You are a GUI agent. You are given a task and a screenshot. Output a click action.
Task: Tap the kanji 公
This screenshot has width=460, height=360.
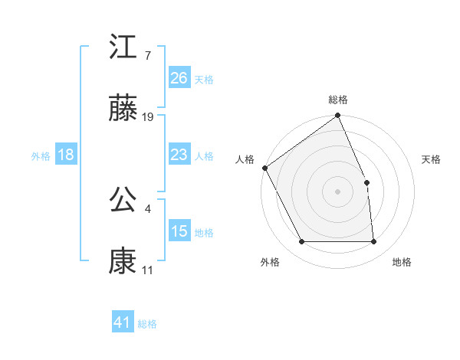coord(123,199)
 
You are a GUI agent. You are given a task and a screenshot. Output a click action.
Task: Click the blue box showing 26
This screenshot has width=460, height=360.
coord(179,78)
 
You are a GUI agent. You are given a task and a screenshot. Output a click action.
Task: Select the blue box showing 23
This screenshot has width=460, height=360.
coord(179,155)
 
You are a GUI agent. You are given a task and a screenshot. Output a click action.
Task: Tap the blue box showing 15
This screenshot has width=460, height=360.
coord(179,232)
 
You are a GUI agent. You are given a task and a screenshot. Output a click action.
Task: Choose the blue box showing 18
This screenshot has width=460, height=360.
coord(66,155)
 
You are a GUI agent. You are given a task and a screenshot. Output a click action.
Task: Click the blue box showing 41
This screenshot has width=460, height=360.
coord(123,323)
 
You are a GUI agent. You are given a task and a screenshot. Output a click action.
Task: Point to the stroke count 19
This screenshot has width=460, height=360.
coord(149,117)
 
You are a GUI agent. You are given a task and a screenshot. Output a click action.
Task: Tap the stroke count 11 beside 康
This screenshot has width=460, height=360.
coord(147,270)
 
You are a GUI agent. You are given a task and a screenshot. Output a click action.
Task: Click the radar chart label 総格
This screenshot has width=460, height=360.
coord(338,100)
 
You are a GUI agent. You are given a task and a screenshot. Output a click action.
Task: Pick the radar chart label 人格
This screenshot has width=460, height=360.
coord(245,159)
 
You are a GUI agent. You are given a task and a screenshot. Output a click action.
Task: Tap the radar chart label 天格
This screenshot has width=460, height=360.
coord(432,159)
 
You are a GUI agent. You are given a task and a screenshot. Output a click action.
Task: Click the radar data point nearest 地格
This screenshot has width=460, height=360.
coord(374,242)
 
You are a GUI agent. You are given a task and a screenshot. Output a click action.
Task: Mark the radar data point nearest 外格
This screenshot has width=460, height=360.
coord(302,242)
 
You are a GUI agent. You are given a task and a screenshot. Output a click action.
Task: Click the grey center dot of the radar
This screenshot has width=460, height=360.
coord(337,191)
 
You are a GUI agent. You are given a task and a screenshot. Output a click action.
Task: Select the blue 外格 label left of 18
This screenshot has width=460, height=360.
coord(41,156)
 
